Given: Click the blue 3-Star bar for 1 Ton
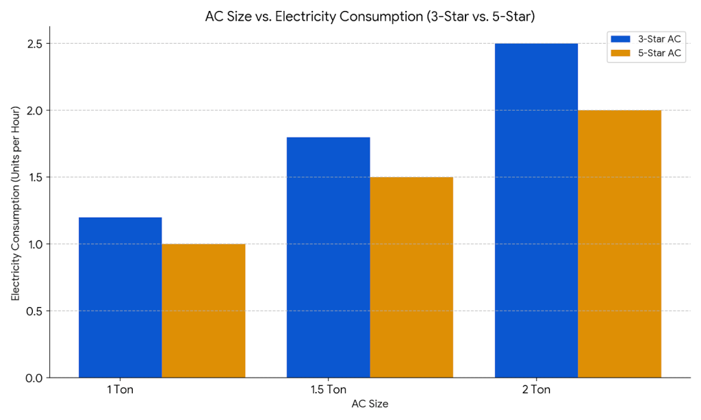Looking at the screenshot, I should click(x=120, y=298).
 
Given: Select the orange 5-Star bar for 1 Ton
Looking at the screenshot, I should click(x=203, y=311).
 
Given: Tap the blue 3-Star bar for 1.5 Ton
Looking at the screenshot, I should click(x=328, y=257).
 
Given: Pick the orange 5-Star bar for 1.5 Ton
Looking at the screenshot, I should click(x=411, y=277).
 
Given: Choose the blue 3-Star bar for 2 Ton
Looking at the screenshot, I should click(x=536, y=211).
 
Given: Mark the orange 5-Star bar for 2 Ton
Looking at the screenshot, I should click(x=620, y=244).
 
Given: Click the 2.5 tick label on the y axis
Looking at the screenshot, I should click(x=34, y=44).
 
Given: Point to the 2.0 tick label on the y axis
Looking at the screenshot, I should click(x=34, y=111).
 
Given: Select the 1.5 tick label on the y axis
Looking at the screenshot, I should click(x=34, y=177).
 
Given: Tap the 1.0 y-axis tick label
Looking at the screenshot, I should click(x=34, y=244).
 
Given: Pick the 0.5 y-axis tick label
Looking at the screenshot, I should click(x=34, y=311).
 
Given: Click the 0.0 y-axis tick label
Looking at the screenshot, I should click(x=34, y=378).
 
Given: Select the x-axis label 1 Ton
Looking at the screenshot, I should click(x=120, y=391).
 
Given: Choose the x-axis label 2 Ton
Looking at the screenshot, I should click(x=536, y=391).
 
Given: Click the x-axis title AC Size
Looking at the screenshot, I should click(x=370, y=404).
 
